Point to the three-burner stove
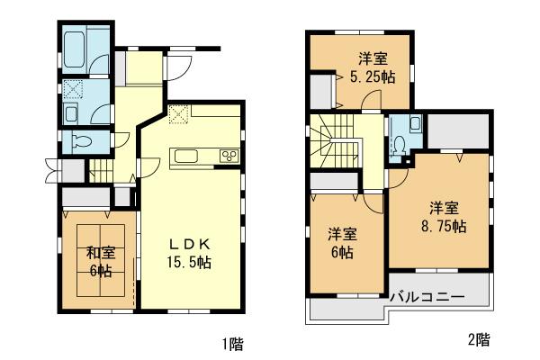point(229,156)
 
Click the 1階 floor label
point(232,343)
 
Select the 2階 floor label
point(478,340)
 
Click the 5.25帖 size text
point(372,76)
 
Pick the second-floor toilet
point(399,143)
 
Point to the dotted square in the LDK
point(178,114)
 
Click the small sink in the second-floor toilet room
point(414,123)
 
